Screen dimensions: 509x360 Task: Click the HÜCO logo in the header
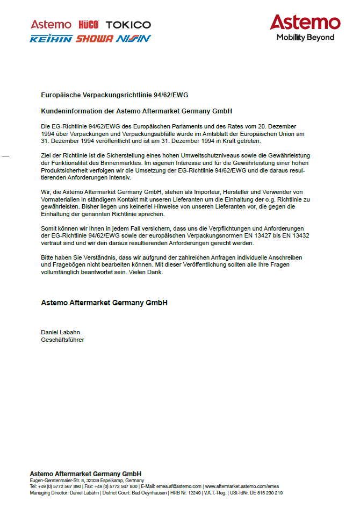point(89,25)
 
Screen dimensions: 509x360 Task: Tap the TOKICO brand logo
point(128,25)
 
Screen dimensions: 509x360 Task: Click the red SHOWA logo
point(95,39)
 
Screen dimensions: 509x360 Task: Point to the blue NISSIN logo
point(133,39)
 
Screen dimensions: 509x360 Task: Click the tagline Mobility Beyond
point(305,38)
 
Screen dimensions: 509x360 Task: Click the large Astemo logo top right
point(305,23)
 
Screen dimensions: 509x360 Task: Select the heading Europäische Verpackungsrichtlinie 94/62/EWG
point(114,95)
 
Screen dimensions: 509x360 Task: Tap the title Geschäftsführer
point(62,340)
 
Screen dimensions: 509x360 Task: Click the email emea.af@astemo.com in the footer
point(179,486)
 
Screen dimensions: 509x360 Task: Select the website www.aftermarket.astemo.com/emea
point(241,486)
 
